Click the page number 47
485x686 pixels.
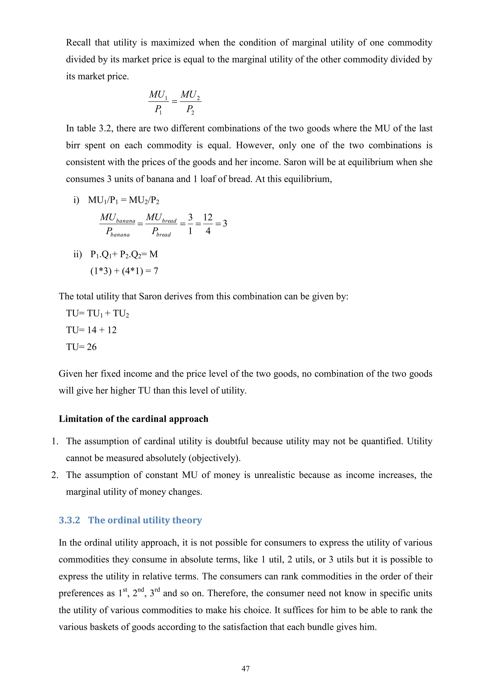246,668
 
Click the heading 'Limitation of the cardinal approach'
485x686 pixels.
134,419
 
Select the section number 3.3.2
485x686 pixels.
69,520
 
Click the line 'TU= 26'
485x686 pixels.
81,347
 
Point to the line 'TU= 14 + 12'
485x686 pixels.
91,330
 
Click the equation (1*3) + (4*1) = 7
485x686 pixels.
124,271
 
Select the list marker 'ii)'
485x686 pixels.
78,254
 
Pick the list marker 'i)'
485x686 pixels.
76,200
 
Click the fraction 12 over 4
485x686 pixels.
208,223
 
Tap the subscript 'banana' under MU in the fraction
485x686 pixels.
126,221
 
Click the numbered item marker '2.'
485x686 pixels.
55,475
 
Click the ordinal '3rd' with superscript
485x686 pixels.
154,593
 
